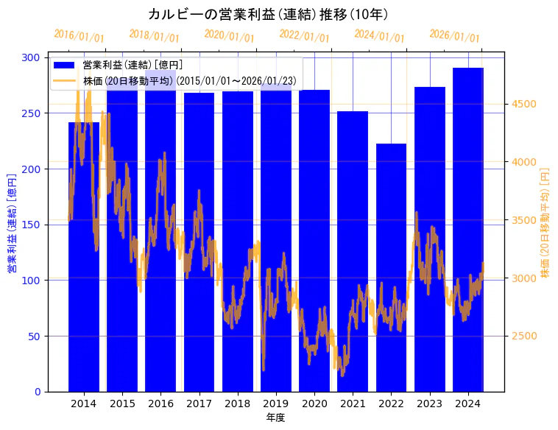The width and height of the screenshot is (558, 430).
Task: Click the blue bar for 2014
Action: click(x=84, y=258)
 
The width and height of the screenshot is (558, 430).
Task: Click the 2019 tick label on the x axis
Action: click(x=276, y=403)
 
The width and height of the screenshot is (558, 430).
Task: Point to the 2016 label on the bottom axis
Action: click(x=160, y=403)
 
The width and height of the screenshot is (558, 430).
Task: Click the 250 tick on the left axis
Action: click(x=33, y=113)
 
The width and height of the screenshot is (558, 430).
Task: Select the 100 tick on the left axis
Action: click(x=33, y=281)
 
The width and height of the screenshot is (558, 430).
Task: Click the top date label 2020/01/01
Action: click(x=229, y=35)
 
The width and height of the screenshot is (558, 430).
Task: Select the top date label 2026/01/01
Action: click(x=454, y=35)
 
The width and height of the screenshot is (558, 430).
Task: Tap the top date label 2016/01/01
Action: click(x=79, y=35)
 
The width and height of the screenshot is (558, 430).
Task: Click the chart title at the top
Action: click(x=268, y=14)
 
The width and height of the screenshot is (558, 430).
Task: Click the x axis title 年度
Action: click(x=275, y=417)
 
